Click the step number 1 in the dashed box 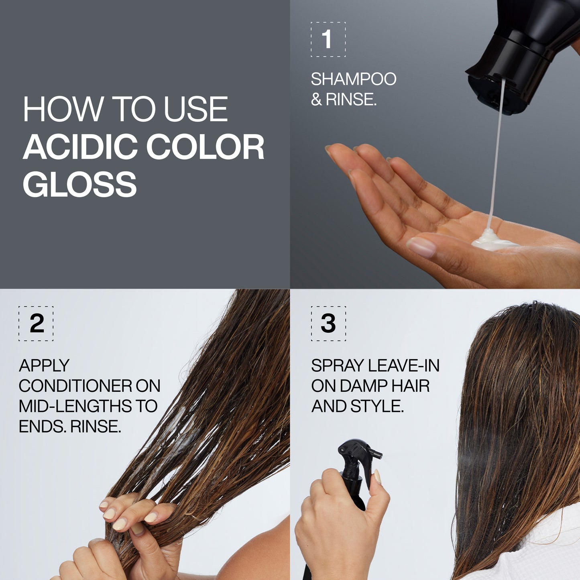click(x=328, y=39)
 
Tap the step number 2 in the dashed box click(x=37, y=324)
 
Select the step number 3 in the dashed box click(x=328, y=324)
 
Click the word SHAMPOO click(x=353, y=79)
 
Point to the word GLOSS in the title click(x=79, y=184)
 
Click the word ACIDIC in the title click(x=80, y=147)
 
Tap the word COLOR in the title click(x=205, y=147)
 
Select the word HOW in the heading click(x=63, y=109)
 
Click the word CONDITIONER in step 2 click(x=75, y=386)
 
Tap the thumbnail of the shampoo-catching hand click(x=421, y=246)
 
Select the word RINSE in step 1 click(x=351, y=100)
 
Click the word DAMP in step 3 click(x=364, y=386)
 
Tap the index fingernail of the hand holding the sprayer click(x=377, y=476)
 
